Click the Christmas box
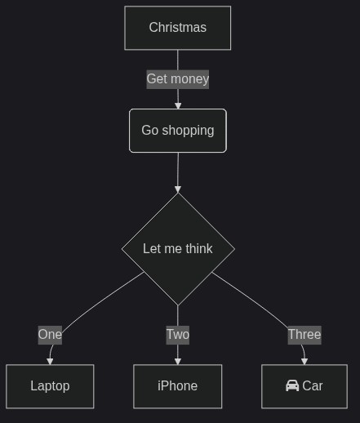point(178,28)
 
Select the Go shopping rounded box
point(178,131)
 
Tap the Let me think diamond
point(178,249)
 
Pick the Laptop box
point(50,386)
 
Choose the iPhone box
point(178,386)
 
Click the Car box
point(304,386)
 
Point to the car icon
point(292,385)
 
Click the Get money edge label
point(178,79)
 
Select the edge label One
point(50,335)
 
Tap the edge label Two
point(178,335)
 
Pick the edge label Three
point(304,335)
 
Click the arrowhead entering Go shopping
point(178,106)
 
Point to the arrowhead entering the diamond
point(178,189)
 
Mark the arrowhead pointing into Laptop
point(50,362)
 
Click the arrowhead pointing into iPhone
point(178,362)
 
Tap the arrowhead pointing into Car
point(304,362)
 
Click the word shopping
point(188,131)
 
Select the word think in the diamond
point(199,249)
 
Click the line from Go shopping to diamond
point(178,170)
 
